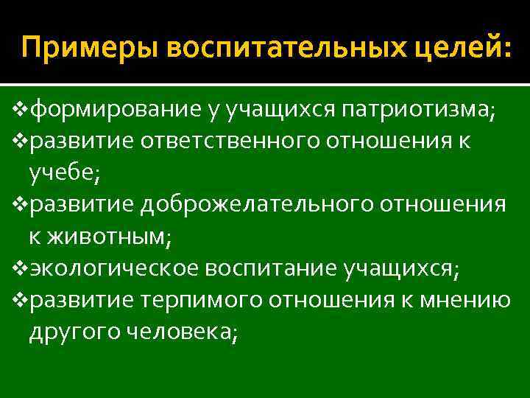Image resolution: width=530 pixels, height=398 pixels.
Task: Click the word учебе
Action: tap(58, 172)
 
